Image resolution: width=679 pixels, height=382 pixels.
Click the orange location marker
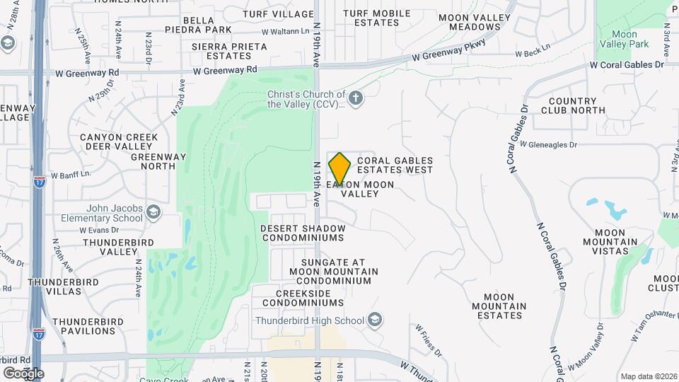click(x=339, y=168)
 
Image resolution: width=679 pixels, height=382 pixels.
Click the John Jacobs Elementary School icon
click(x=153, y=211)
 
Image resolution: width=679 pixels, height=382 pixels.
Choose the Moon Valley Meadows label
click(x=475, y=22)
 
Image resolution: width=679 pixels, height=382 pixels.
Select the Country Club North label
click(x=576, y=105)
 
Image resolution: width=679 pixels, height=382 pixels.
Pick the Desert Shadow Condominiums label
click(x=303, y=233)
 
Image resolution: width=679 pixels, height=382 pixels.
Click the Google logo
click(x=23, y=373)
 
